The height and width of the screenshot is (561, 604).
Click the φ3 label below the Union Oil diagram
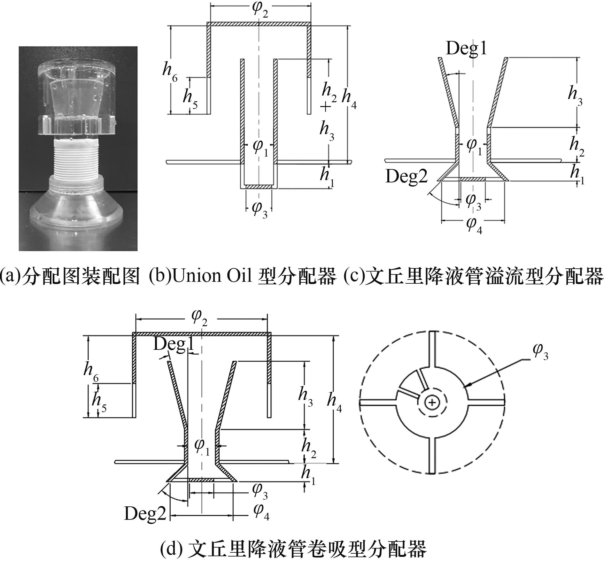(x=259, y=209)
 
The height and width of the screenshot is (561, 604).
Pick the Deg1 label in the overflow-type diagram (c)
(x=466, y=49)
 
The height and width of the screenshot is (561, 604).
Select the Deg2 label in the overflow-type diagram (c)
(x=406, y=176)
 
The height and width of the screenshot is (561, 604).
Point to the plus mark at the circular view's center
(x=432, y=403)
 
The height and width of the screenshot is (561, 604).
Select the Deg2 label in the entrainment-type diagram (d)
(x=145, y=514)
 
